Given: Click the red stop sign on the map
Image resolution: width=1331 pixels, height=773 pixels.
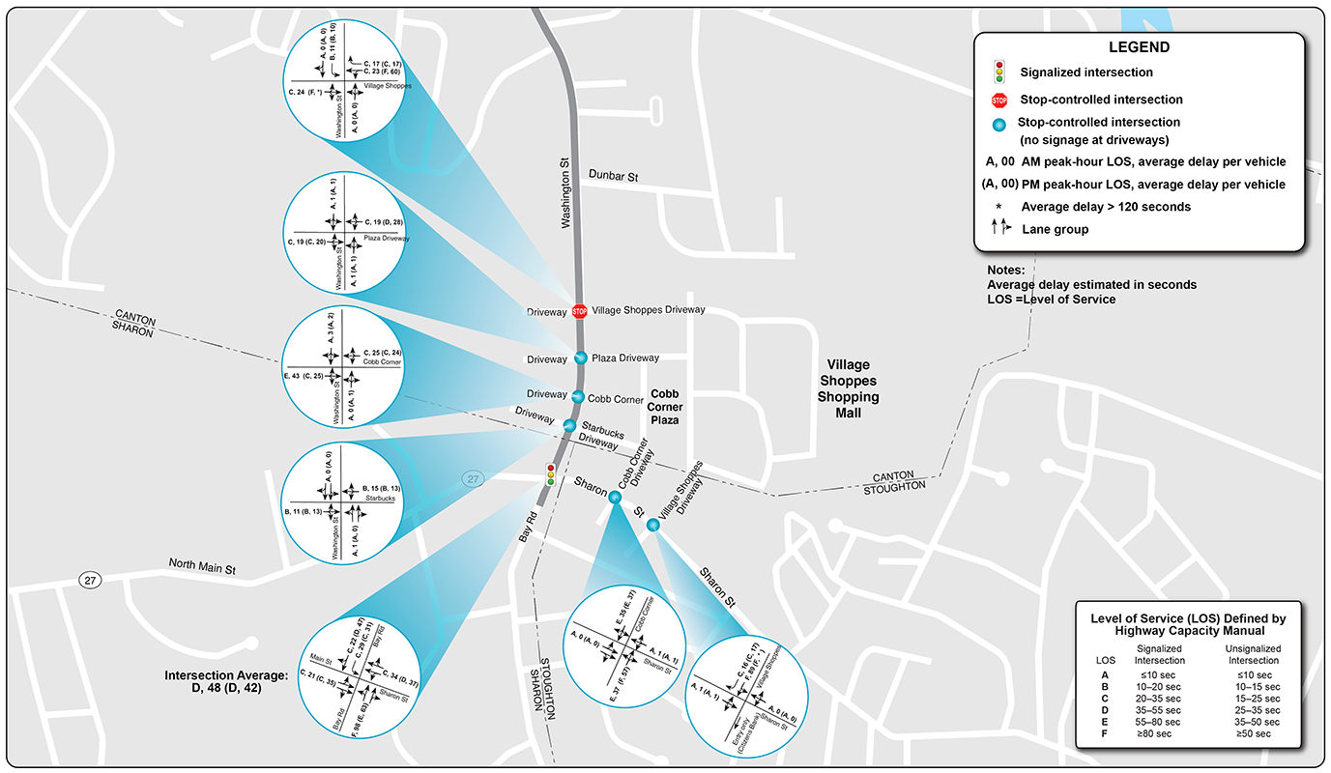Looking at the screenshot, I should tap(579, 311).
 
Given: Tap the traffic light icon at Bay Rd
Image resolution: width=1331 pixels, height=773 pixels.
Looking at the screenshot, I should tap(550, 474).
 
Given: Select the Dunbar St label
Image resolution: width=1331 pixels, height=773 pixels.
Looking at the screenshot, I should tap(616, 175).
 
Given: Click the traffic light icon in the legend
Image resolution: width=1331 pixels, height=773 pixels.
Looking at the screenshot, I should tap(999, 72).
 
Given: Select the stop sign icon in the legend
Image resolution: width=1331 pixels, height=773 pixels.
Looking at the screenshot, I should tap(999, 100).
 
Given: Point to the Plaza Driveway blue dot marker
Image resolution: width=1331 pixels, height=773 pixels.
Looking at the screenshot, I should tap(581, 358).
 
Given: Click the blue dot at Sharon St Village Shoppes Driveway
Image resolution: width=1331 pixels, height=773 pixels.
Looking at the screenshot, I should tap(653, 525).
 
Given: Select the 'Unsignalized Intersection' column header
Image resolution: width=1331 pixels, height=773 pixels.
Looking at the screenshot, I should tap(1253, 653).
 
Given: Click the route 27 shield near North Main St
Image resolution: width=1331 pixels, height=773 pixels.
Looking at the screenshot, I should tap(90, 580).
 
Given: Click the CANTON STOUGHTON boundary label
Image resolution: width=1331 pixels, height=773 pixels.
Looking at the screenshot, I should tap(899, 480).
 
